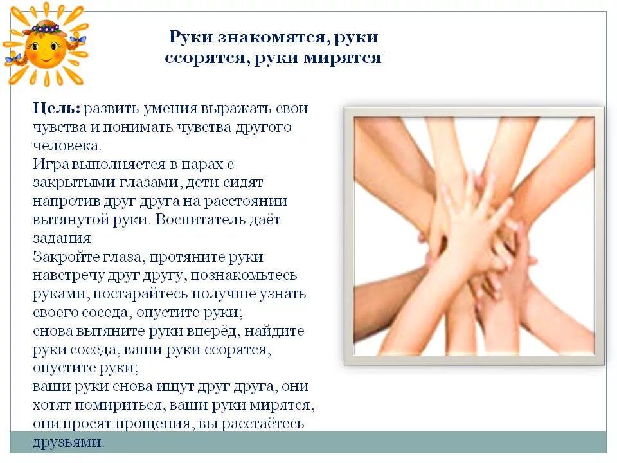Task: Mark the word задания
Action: click(60, 239)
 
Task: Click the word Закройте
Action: click(63, 257)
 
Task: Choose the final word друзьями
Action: click(68, 443)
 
